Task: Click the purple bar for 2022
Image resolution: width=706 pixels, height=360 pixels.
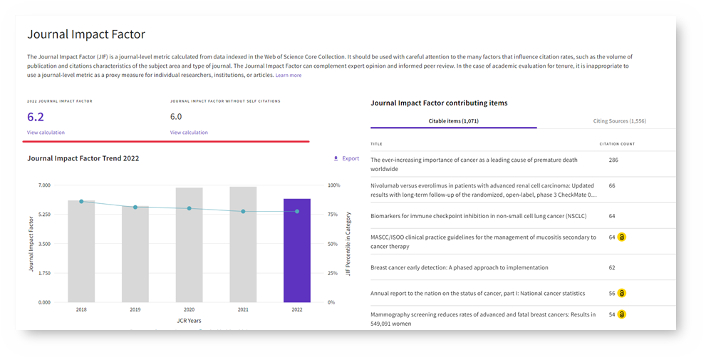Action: click(x=297, y=250)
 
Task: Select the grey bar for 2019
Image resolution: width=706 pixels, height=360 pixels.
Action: click(x=135, y=254)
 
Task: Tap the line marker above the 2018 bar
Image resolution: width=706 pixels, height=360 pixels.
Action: click(x=81, y=202)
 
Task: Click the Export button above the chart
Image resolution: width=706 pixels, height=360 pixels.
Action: click(x=346, y=158)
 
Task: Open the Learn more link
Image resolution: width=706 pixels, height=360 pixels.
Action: click(x=289, y=76)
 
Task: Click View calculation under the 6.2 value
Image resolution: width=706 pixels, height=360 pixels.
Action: click(x=46, y=133)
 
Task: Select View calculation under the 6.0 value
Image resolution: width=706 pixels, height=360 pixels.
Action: click(x=189, y=133)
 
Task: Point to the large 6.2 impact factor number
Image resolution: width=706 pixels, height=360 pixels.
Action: click(x=36, y=117)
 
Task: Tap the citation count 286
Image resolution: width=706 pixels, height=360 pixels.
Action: click(x=613, y=160)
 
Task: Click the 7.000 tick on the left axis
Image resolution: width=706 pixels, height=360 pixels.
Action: click(x=43, y=185)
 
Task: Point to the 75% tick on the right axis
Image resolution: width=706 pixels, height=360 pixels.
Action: click(x=333, y=215)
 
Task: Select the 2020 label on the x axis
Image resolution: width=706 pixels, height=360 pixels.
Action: click(x=189, y=310)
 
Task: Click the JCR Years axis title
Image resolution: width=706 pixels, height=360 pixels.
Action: click(x=189, y=321)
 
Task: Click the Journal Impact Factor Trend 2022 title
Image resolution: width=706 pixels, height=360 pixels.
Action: click(x=83, y=158)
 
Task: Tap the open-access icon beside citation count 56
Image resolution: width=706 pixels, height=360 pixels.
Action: click(x=622, y=293)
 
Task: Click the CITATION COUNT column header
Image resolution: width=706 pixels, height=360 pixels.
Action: click(x=617, y=144)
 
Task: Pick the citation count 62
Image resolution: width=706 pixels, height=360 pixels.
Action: click(x=612, y=267)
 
